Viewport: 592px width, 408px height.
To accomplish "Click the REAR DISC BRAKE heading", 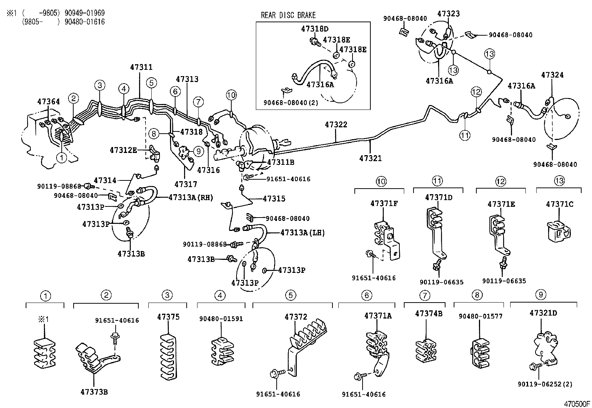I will (x=288, y=15).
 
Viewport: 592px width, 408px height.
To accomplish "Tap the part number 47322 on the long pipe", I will (x=336, y=124).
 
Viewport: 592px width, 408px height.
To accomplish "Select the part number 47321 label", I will (x=370, y=159).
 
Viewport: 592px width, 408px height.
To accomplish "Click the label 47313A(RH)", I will (x=191, y=198).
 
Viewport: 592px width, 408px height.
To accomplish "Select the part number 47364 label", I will (x=48, y=101).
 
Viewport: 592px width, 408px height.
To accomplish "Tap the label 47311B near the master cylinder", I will (x=281, y=162).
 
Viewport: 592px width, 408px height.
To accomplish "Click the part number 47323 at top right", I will (x=448, y=14).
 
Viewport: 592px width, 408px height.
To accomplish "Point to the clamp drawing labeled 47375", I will (x=168, y=356).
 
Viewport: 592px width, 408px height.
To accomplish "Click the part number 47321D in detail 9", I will (x=543, y=313).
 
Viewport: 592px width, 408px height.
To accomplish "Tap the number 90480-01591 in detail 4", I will (x=221, y=319).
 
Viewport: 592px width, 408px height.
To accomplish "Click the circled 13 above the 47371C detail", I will (x=559, y=181).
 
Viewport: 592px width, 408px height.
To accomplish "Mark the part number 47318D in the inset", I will (x=315, y=29).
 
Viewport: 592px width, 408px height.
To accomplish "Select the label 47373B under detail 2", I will (x=94, y=392).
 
